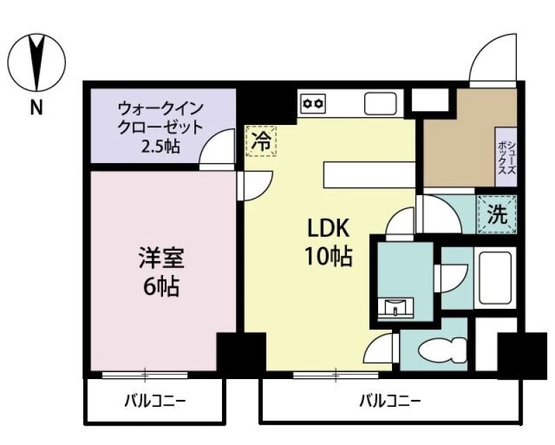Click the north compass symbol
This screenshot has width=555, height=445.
[x=37, y=62]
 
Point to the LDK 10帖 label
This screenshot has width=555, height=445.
[x=328, y=242]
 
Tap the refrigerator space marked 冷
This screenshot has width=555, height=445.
[x=261, y=141]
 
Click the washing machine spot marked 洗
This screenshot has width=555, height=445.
[x=497, y=215]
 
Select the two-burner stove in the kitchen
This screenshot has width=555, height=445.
[x=313, y=104]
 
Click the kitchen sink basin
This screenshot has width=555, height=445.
[x=380, y=103]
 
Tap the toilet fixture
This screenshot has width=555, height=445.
[x=442, y=350]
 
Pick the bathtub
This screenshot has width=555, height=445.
[x=495, y=278]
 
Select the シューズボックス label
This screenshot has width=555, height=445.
[x=506, y=158]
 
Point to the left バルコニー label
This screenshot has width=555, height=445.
[x=155, y=401]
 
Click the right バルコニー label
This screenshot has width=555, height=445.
[x=390, y=401]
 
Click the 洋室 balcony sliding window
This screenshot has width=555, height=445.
[x=145, y=375]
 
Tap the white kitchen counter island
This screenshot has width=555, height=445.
[x=369, y=175]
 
